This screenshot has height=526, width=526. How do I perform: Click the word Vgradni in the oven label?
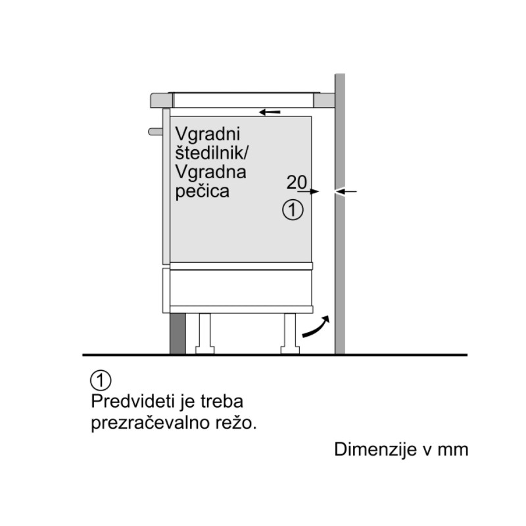pyautogui.click(x=208, y=135)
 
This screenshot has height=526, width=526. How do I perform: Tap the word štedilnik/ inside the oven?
pyautogui.click(x=212, y=153)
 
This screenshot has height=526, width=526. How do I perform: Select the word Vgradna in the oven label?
pyautogui.click(x=210, y=172)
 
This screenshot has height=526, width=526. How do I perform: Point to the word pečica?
pyautogui.click(x=203, y=191)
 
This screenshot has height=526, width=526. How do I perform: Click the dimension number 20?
pyautogui.click(x=297, y=182)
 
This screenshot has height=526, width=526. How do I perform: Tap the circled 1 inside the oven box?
pyautogui.click(x=293, y=210)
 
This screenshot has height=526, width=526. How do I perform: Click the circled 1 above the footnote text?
pyautogui.click(x=101, y=381)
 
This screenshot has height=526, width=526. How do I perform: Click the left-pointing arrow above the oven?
pyautogui.click(x=270, y=112)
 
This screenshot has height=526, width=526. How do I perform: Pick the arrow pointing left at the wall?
pyautogui.click(x=346, y=191)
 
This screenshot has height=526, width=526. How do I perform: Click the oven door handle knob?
pyautogui.click(x=155, y=131)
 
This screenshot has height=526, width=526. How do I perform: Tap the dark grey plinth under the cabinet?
pyautogui.click(x=178, y=333)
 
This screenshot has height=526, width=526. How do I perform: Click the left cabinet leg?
pyautogui.click(x=205, y=333)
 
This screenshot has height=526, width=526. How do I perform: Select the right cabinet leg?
pyautogui.click(x=290, y=333)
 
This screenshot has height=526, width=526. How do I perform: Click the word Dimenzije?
pyautogui.click(x=375, y=450)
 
